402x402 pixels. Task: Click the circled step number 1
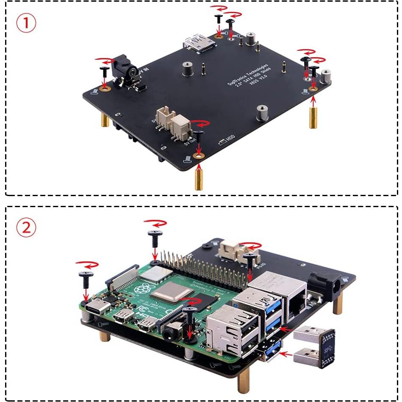pos(26,23)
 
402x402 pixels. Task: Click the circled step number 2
pos(26,228)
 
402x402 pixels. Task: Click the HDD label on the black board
pos(230,139)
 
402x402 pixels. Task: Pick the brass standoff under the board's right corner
pos(313,118)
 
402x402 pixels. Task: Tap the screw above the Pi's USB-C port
pos(86,280)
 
